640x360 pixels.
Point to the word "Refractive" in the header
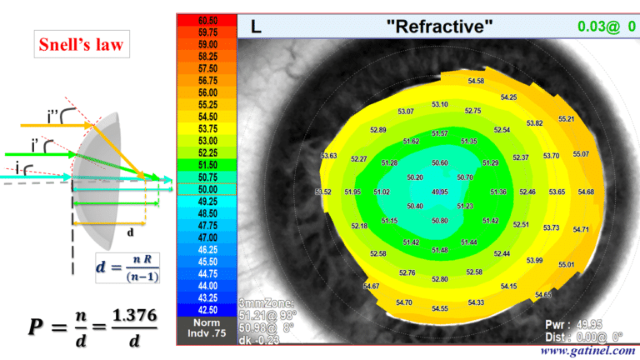coord(439,27)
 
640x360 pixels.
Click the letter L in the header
coord(256,27)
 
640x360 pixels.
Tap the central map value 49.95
coord(440,192)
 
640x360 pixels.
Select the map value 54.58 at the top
coord(477,81)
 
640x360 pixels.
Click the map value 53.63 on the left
coord(328,156)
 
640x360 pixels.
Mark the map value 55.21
coord(567,119)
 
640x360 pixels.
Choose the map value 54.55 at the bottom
coord(440,308)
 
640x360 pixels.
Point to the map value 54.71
coord(581,229)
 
